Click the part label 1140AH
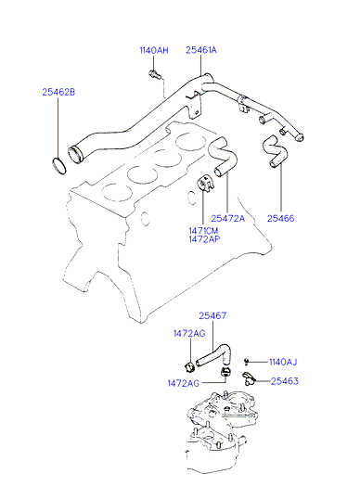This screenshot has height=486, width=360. tap(154, 50)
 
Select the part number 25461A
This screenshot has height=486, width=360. tap(201, 50)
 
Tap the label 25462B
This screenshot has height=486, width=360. tap(58, 92)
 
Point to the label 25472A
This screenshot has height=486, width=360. tap(228, 218)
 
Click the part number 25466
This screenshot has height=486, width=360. tap(280, 218)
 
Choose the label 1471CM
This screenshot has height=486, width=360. tap(203, 231)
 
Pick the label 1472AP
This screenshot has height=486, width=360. tap(204, 239)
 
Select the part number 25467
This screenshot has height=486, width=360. tap(212, 315)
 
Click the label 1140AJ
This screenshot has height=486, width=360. tap(283, 362)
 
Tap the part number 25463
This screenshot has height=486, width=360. tap(285, 381)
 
